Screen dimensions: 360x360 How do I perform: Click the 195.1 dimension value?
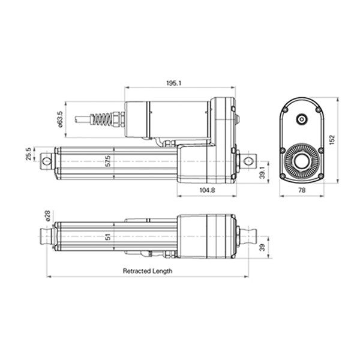172,83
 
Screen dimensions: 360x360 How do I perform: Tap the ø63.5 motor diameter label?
60,118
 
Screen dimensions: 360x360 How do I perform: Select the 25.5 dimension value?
28,155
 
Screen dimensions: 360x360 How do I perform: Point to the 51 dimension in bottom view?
107,236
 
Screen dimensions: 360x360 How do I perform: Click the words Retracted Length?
148,271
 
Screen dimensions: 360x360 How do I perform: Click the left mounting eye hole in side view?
46,160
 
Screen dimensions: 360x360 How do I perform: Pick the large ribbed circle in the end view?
301,161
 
